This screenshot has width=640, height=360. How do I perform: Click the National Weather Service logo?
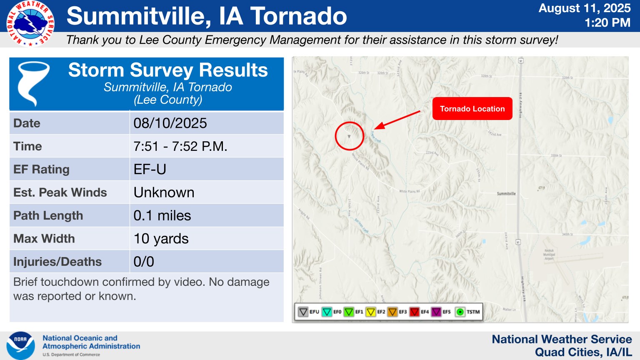pos(30,23)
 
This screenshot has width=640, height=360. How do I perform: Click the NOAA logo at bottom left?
pos(20,345)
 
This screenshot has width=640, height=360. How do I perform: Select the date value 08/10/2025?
pos(170,123)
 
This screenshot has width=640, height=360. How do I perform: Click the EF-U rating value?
pos(150,170)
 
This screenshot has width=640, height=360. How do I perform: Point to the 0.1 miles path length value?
pos(162,215)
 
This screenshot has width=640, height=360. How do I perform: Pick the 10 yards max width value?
pos(161,239)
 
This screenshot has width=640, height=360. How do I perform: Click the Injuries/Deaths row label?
pos(57,262)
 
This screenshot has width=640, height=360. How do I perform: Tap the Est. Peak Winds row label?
pos(60,192)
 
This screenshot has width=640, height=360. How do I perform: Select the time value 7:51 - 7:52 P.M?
pos(180,147)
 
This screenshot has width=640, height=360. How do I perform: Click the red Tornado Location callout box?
pos(472,109)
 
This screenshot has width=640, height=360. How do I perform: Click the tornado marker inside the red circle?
pos(349,136)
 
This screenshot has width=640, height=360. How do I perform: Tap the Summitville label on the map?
pos(506,194)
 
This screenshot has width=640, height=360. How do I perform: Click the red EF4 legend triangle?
pos(415,312)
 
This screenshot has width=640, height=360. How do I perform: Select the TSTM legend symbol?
pos(460,312)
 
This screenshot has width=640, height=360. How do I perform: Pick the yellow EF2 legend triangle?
pos(371,312)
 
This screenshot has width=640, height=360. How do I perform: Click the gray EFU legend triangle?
pos(303,312)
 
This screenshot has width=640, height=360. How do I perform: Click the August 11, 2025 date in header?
pos(584,8)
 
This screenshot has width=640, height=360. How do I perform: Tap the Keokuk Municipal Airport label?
pos(549,255)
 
